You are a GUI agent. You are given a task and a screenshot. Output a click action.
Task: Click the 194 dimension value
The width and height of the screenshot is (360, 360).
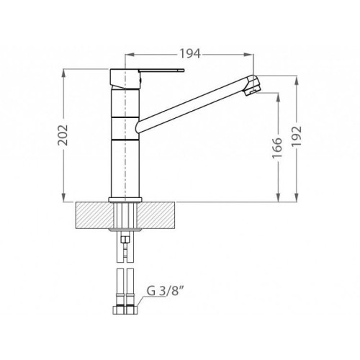190,54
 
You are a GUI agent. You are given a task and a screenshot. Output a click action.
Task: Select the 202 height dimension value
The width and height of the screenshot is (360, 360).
63,135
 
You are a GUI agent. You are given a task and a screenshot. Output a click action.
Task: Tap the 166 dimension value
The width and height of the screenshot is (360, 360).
277,148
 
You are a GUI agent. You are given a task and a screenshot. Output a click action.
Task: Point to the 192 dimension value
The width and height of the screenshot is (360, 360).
297,136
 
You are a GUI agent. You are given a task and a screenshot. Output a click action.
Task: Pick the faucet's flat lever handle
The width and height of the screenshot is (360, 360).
161,71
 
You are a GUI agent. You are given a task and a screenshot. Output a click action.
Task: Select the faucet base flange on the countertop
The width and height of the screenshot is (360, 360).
125,199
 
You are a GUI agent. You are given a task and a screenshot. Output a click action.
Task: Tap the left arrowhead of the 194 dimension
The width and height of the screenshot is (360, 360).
129,55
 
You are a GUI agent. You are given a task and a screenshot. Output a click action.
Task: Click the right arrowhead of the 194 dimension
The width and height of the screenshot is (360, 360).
250,55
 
